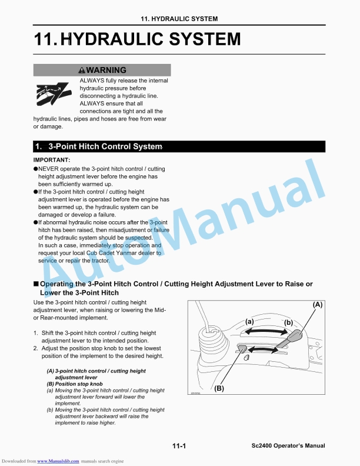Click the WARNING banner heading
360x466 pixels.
pyautogui.click(x=102, y=70)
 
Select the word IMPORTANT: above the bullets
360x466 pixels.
pyautogui.click(x=52, y=160)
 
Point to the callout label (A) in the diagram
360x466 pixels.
pyautogui.click(x=317, y=305)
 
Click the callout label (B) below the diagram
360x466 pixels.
pyautogui.click(x=219, y=388)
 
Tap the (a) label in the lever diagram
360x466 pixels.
pyautogui.click(x=249, y=321)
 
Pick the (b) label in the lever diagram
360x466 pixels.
pyautogui.click(x=288, y=322)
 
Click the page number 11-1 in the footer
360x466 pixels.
pyautogui.click(x=179, y=446)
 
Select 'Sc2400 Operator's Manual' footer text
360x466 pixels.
pyautogui.click(x=284, y=446)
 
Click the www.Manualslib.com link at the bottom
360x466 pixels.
pyautogui.click(x=58, y=460)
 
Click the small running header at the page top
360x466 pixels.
pyautogui.click(x=179, y=19)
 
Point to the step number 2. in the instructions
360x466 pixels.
pyautogui.click(x=36, y=348)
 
